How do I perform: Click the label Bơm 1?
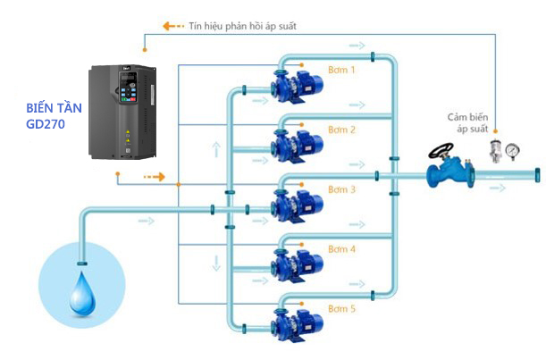pyautogui.click(x=341, y=70)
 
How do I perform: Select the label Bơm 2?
pyautogui.click(x=341, y=130)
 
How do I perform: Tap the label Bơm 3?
pyautogui.click(x=341, y=189)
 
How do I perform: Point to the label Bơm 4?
pyautogui.click(x=341, y=249)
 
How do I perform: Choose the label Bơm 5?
pyautogui.click(x=341, y=309)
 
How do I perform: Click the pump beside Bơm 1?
pyautogui.click(x=298, y=85)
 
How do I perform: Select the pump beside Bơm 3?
pyautogui.click(x=298, y=204)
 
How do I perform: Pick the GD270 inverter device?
pyautogui.click(x=122, y=112)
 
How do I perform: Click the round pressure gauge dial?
pyautogui.click(x=513, y=150)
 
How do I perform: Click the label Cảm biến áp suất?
pyautogui.click(x=467, y=123)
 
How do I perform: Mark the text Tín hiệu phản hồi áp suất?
pyautogui.click(x=243, y=26)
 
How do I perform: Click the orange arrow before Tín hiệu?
pyautogui.click(x=172, y=26)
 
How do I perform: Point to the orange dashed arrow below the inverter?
pyautogui.click(x=155, y=177)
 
